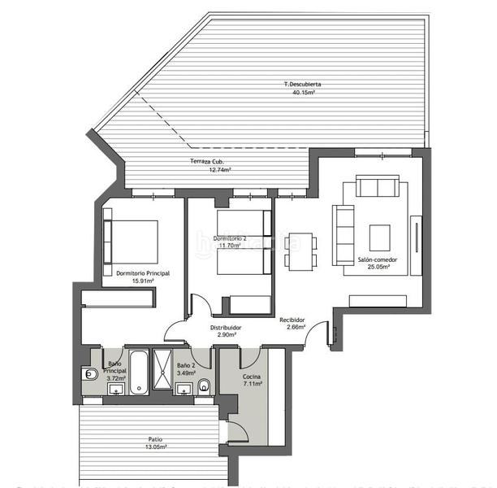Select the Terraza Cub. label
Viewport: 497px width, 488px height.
(x=206, y=161)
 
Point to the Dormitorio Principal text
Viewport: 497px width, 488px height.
(x=142, y=273)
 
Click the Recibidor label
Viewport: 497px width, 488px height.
(x=292, y=320)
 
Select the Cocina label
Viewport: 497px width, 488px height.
(x=252, y=377)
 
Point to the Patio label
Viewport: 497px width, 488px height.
(x=155, y=438)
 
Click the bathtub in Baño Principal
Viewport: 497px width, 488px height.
(x=138, y=372)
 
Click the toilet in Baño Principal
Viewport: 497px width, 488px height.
(x=91, y=374)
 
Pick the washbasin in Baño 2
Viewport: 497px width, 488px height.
(x=184, y=388)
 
